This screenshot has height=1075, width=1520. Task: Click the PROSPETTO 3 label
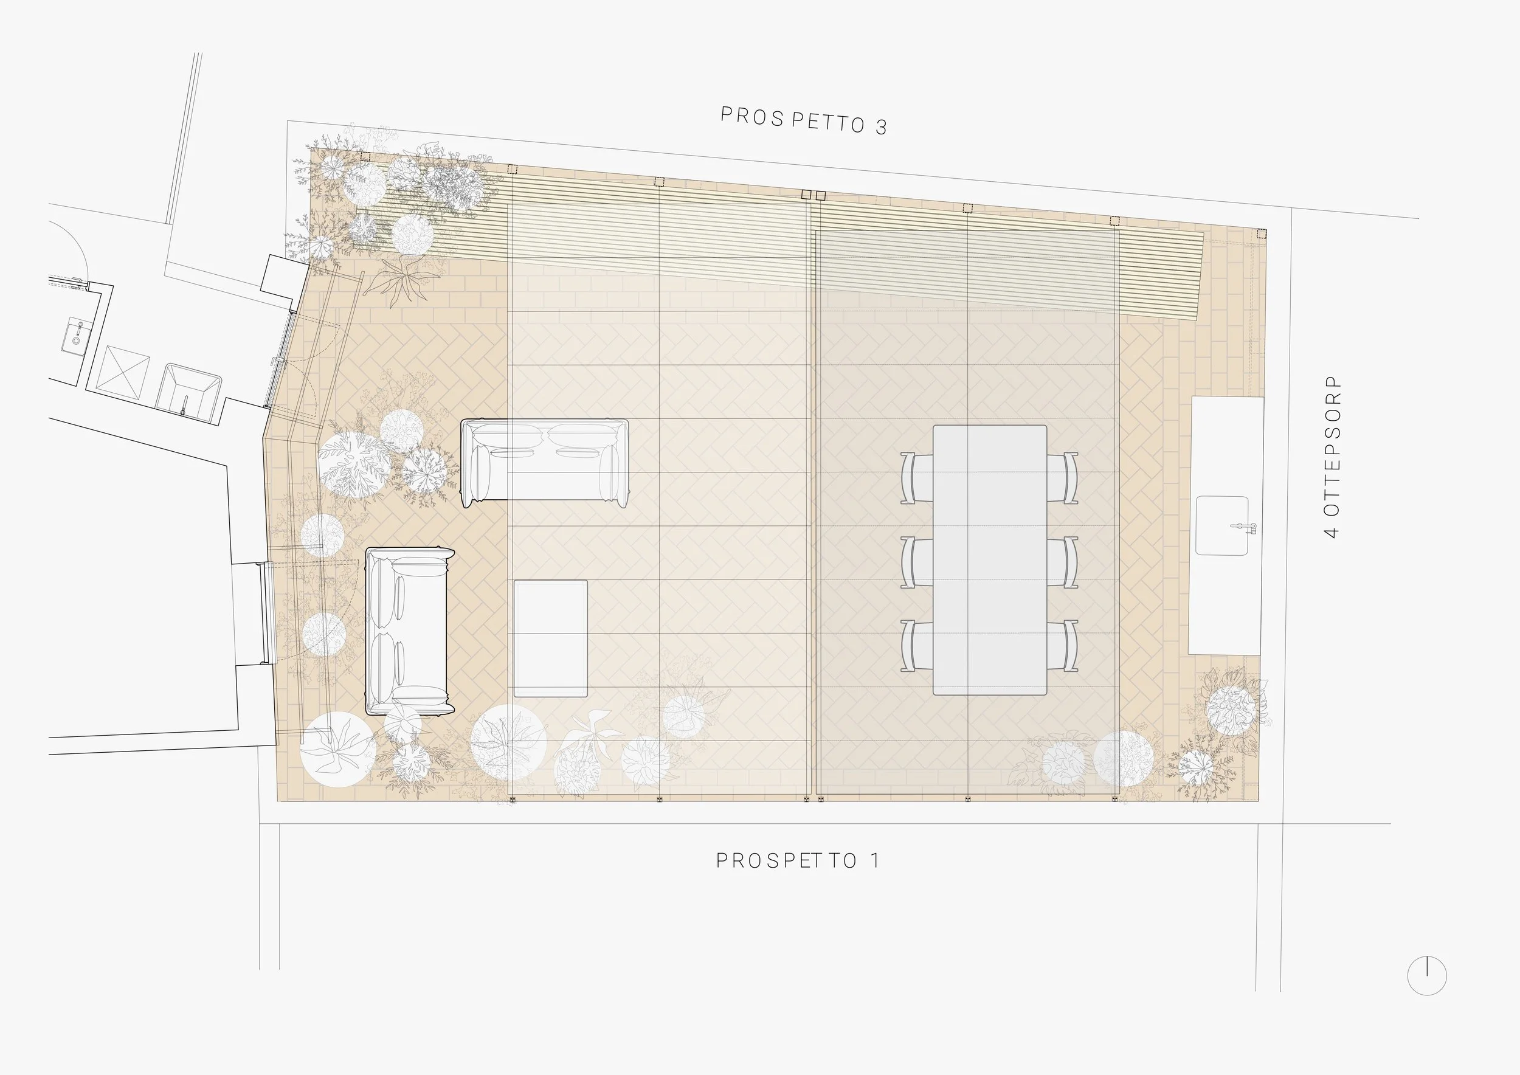[803, 120]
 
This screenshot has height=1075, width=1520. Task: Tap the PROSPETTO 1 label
[798, 860]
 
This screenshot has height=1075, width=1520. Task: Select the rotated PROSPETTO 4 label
[1332, 457]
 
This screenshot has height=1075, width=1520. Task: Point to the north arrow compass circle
[1426, 975]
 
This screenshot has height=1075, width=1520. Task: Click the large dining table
[990, 559]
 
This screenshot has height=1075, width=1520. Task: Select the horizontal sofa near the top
[544, 462]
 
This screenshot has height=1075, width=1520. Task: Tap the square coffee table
[551, 638]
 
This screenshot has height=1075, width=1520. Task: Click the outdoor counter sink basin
[1221, 525]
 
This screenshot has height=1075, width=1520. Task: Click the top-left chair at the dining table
[916, 478]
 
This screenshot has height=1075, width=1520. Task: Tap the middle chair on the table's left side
[916, 562]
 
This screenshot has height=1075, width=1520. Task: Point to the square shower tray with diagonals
[123, 372]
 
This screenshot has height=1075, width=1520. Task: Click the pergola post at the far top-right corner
[1261, 233]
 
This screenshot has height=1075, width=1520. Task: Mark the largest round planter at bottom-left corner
[338, 749]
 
